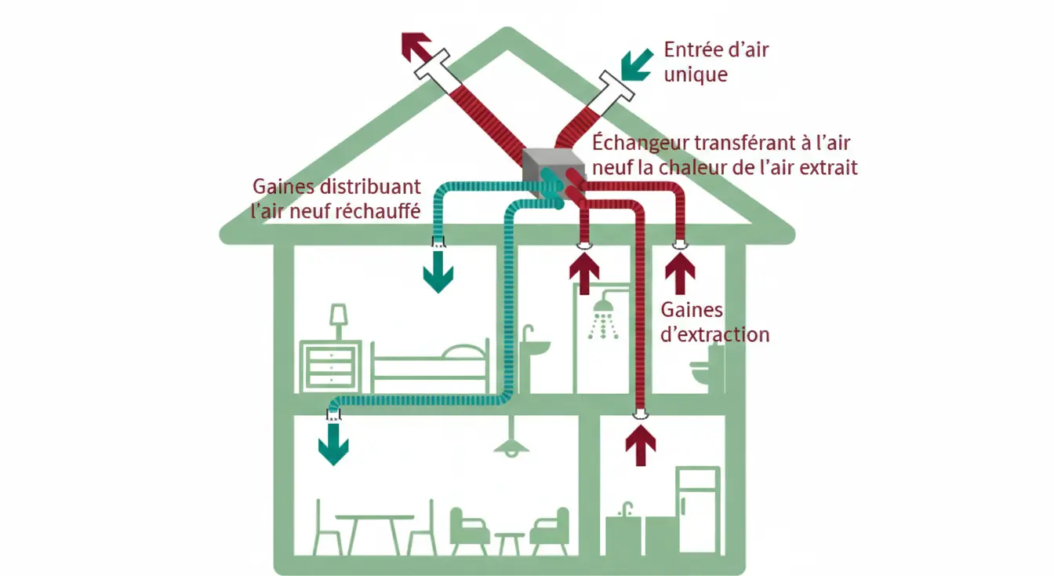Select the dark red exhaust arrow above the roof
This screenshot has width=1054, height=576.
[417, 49]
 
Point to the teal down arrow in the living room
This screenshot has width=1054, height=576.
[333, 446]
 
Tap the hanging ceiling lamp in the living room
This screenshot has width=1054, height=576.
[511, 443]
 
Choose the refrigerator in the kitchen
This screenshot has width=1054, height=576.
[697, 510]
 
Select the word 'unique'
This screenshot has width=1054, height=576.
[696, 75]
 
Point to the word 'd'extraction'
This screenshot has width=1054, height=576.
[714, 334]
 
